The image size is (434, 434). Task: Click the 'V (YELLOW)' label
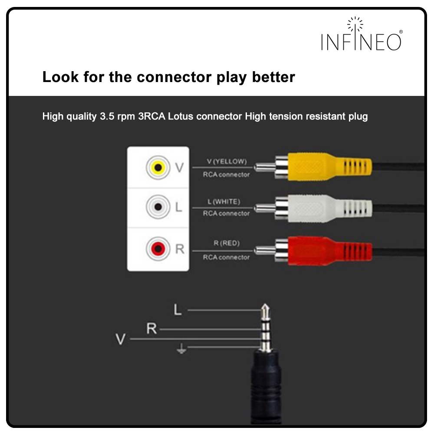227,162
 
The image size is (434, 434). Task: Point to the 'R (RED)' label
226,243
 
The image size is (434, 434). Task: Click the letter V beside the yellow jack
179,167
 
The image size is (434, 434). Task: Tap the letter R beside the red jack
179,250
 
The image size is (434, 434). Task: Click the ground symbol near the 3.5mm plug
182,349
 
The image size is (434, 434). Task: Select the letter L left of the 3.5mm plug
177,310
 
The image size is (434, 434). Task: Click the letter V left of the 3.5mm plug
120,339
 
